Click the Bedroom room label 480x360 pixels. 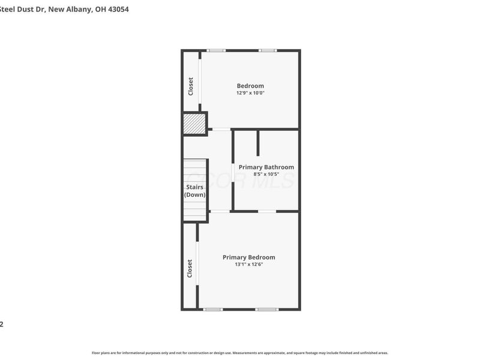[x=250, y=86]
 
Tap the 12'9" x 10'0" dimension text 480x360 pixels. [x=250, y=93]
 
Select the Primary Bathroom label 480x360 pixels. [x=266, y=167]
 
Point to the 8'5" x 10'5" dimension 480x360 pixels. [x=266, y=174]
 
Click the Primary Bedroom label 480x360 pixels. [x=249, y=257]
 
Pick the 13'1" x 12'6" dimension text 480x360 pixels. [x=249, y=264]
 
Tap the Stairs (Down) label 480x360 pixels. [x=195, y=191]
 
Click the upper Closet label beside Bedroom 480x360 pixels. [x=191, y=86]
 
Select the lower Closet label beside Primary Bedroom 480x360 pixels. [x=190, y=268]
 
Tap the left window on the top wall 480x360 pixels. [x=216, y=50]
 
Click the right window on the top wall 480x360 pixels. [x=268, y=50]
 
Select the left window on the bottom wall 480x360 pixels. [x=212, y=309]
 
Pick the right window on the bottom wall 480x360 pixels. [x=267, y=309]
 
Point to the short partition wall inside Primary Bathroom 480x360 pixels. [x=258, y=142]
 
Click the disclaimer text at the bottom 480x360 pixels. [x=240, y=353]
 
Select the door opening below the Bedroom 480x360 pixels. [x=221, y=129]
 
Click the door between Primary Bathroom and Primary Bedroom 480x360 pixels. [x=267, y=211]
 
